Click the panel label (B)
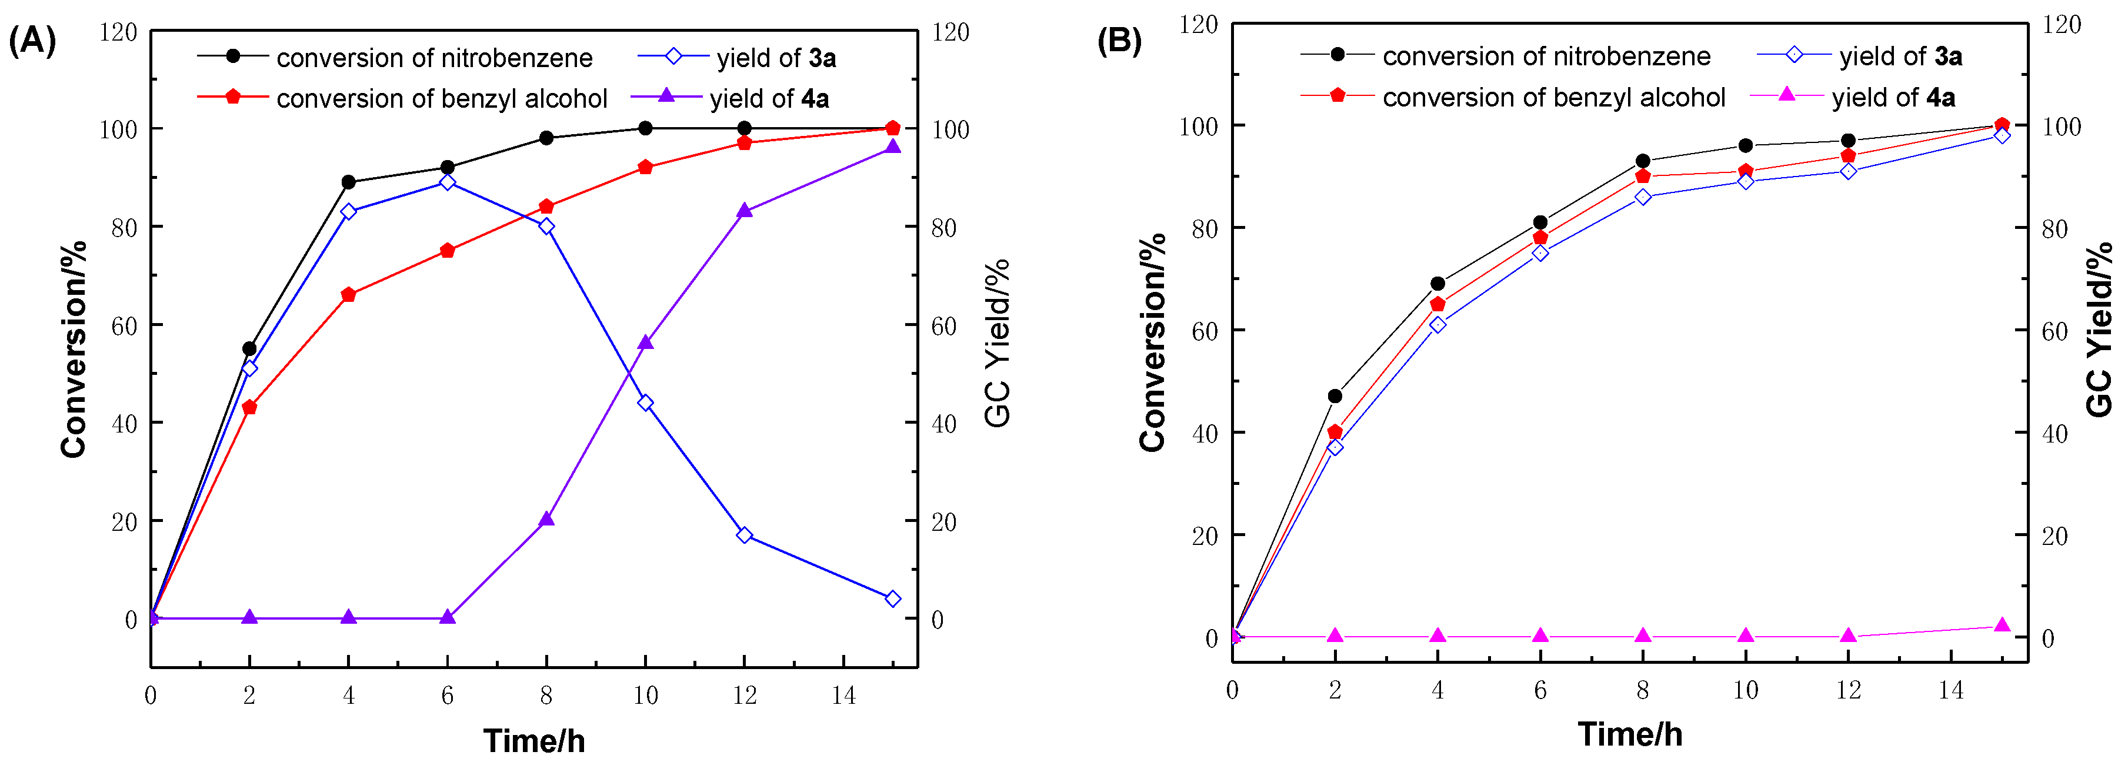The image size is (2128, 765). click(x=1119, y=39)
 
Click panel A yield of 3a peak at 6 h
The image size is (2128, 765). click(x=447, y=182)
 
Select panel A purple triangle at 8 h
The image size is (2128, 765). click(x=546, y=520)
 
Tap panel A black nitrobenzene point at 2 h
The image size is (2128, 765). click(x=249, y=348)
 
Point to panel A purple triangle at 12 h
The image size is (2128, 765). click(x=744, y=211)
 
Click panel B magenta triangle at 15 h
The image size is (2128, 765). click(x=2002, y=626)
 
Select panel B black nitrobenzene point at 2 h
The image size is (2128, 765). click(x=1335, y=395)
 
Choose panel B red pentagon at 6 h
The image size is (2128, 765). click(x=1540, y=238)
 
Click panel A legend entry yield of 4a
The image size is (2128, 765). click(x=768, y=99)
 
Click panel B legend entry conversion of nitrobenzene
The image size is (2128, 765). click(x=1546, y=56)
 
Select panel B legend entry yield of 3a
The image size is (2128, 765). click(x=1899, y=56)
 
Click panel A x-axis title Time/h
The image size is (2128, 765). click(x=533, y=741)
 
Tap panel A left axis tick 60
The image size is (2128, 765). click(x=124, y=325)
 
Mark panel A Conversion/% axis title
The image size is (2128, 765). click(x=74, y=348)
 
